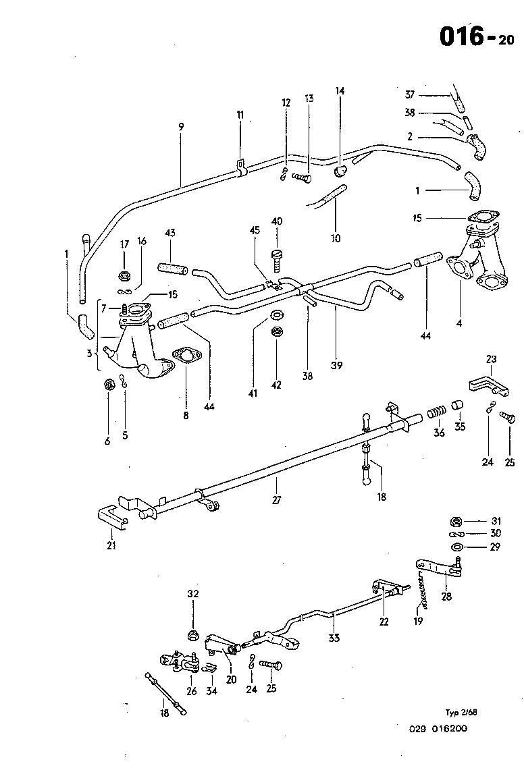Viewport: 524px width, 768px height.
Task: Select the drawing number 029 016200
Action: (438, 728)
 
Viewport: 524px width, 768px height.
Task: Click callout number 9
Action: (181, 126)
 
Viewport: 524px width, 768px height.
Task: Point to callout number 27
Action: (276, 500)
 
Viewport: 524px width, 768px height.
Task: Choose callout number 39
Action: (336, 366)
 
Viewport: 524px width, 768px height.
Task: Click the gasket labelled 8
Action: (184, 356)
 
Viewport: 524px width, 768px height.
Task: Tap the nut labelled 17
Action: (124, 275)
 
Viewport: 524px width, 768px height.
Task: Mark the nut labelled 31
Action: (456, 521)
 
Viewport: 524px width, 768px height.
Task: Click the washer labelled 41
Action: (276, 315)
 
